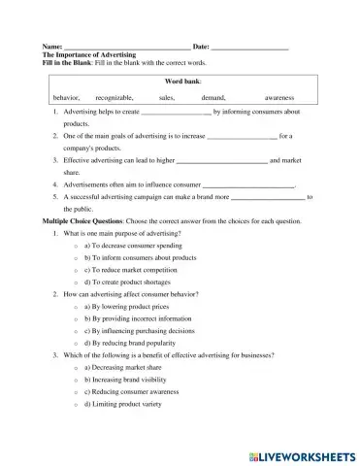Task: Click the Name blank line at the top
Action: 126,48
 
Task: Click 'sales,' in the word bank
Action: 167,98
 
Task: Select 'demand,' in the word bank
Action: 213,98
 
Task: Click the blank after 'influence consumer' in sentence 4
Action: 247,183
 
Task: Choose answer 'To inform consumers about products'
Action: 141,258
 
